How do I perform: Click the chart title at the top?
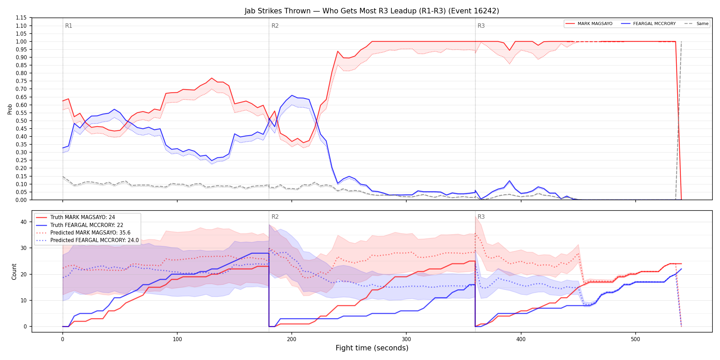372,11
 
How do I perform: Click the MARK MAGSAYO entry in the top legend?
589,24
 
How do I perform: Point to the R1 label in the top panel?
69,26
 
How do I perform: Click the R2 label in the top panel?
275,26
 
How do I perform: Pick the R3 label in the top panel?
481,26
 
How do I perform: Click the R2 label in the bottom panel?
275,217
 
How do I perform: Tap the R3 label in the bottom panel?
481,217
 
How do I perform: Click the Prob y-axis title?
10,109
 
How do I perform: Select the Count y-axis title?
14,272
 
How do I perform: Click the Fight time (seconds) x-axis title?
372,348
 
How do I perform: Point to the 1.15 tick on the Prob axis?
21,18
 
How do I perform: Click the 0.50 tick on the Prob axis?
21,121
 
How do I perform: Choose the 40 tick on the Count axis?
23,222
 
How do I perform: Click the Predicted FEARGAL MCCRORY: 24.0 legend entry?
87,240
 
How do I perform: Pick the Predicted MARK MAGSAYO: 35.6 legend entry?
83,233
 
